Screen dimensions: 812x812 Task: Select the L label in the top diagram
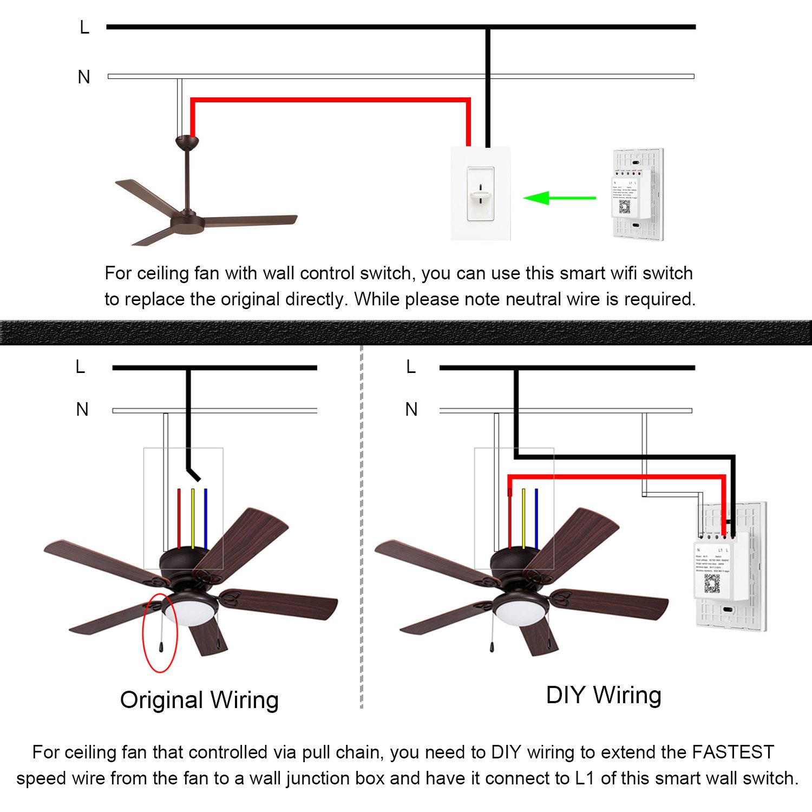point(84,27)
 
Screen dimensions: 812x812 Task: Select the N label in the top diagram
point(84,77)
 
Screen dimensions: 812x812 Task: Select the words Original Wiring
point(199,699)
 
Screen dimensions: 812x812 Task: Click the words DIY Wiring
point(604,695)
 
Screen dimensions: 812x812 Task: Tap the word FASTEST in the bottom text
point(733,752)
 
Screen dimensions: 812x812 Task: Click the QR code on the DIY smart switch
point(712,584)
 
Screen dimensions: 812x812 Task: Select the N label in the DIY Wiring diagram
point(411,409)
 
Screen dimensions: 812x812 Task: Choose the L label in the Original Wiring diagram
point(80,367)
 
